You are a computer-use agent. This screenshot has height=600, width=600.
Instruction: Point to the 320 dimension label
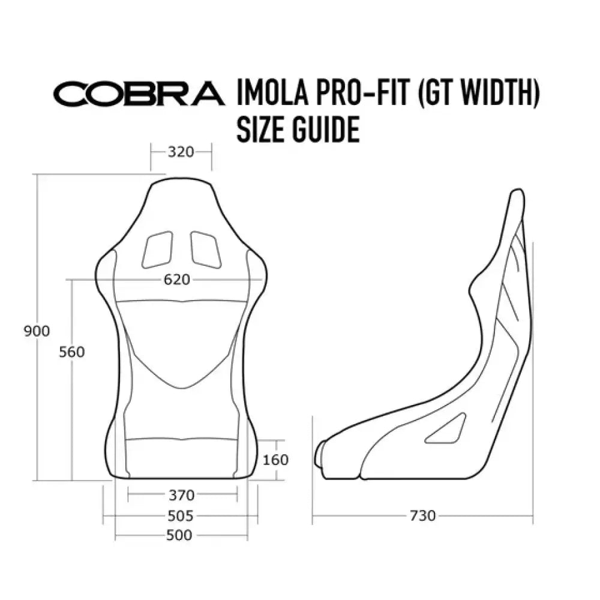[x=181, y=152]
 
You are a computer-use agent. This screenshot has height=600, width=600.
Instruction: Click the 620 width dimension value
[x=176, y=280]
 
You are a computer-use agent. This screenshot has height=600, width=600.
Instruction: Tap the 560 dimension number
[x=72, y=352]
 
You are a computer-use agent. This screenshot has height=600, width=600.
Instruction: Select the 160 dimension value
[x=275, y=460]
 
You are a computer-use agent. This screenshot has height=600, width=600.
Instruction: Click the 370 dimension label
[x=181, y=495]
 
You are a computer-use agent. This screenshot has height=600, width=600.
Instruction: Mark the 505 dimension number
[x=181, y=515]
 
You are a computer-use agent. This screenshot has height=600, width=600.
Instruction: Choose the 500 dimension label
[x=180, y=535]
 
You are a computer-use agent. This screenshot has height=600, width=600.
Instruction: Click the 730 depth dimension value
[x=423, y=515]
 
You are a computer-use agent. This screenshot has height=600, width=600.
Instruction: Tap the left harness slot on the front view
[x=157, y=249]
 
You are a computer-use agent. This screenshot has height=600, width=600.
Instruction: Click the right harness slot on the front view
[x=205, y=249]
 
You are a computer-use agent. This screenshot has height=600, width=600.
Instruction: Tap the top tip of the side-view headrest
[x=516, y=193]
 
